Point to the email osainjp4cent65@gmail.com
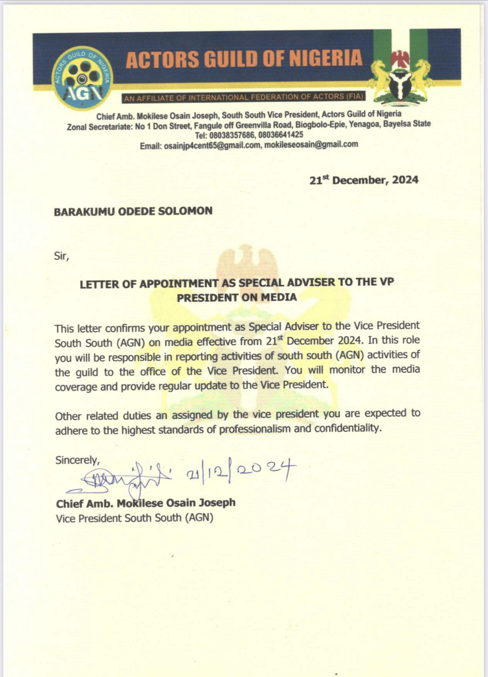tap(213, 146)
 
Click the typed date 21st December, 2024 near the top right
tap(364, 180)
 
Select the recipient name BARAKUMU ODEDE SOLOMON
tap(133, 211)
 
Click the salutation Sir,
tap(62, 256)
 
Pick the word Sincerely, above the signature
tap(78, 460)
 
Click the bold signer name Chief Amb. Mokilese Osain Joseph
tap(146, 503)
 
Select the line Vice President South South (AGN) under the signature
tap(134, 518)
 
